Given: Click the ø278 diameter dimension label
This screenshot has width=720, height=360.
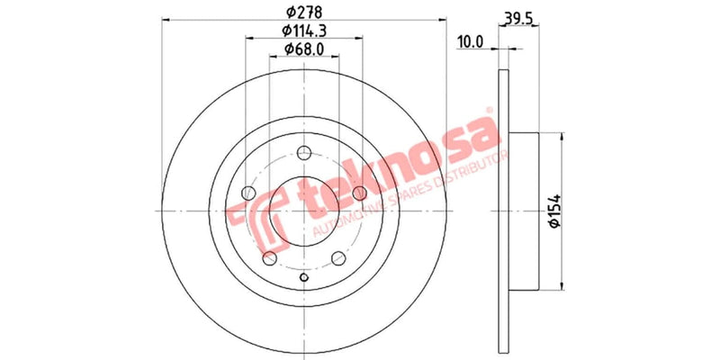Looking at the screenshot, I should pos(303,13).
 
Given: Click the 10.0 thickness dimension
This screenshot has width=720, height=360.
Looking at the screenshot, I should pos(471,41).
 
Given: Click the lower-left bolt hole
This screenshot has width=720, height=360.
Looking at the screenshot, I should pos(269,257).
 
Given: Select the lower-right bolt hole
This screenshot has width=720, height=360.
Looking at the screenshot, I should pos(338,257).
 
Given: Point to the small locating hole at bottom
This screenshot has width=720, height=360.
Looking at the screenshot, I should pos(303,277).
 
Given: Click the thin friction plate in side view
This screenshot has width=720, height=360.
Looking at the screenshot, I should pos(501,211).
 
